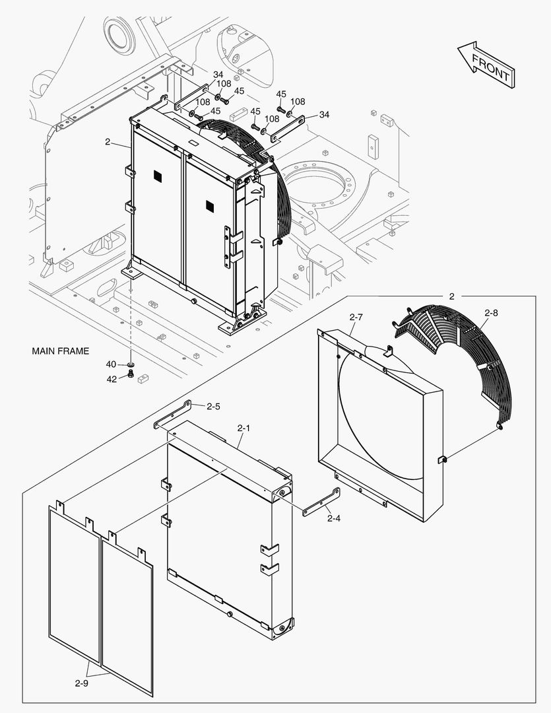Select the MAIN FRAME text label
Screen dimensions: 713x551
(x=60, y=351)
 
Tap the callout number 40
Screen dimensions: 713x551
(x=111, y=364)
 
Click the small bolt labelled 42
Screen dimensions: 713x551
(x=130, y=374)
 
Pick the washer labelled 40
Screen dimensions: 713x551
(x=131, y=364)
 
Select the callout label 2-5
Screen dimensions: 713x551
(x=213, y=407)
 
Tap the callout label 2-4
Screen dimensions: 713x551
(x=333, y=518)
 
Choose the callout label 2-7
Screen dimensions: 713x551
(x=356, y=318)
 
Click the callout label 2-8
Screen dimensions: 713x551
(x=492, y=312)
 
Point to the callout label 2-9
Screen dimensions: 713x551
(x=81, y=683)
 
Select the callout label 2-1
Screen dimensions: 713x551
(x=243, y=428)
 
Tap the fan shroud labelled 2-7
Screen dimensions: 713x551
(x=379, y=423)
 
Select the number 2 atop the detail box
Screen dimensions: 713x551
(x=451, y=296)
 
